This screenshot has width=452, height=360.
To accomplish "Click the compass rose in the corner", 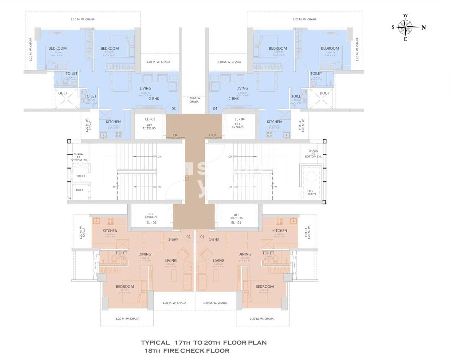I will pos(405,27).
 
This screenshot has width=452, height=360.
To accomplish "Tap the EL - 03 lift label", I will pos(150,119).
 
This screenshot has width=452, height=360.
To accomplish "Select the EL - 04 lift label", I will pos(240,119).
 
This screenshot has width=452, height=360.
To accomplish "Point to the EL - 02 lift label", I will pos(151,223).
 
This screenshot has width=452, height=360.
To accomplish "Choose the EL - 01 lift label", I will pos(236,223).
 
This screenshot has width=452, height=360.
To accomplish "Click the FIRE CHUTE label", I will pos(311,193).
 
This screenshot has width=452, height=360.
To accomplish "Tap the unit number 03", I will pos(174,109).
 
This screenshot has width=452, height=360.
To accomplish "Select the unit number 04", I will pos(215,109).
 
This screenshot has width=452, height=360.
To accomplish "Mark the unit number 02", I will pos(188,237).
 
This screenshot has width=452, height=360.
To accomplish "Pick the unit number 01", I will pos(202,237).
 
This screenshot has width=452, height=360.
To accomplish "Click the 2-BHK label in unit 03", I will pos(154,99).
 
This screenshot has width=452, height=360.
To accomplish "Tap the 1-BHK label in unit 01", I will pos(214,239).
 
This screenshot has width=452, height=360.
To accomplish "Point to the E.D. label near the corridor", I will pos(175,135).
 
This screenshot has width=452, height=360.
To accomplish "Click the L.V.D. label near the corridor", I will pos(213,135).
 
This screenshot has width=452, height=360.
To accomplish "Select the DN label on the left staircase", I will pos(159,157).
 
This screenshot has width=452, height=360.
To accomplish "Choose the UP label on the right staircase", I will pos(230,187).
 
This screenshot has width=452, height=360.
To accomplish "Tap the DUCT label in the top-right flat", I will pos(324,93).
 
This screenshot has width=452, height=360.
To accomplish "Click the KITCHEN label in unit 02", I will pos(110,231).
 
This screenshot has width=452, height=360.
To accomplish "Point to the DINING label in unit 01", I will pos(245,254).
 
